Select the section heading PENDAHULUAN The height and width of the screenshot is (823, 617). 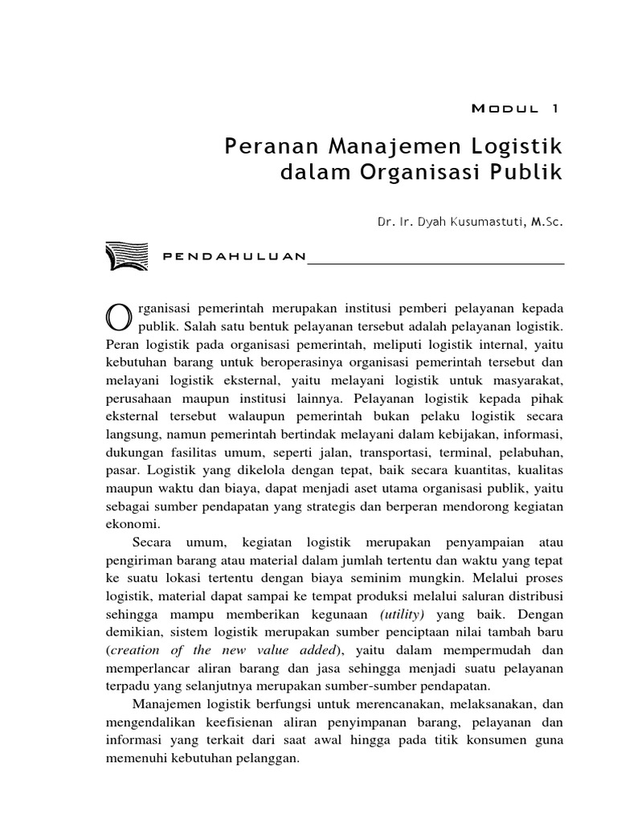234,257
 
